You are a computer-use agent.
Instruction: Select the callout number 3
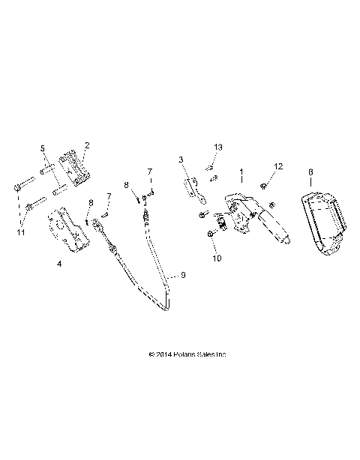(x=181, y=160)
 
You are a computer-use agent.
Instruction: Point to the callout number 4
(x=58, y=264)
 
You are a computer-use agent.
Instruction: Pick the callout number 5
(x=43, y=148)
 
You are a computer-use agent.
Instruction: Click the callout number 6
(x=311, y=172)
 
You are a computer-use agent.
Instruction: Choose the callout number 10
(x=217, y=258)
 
